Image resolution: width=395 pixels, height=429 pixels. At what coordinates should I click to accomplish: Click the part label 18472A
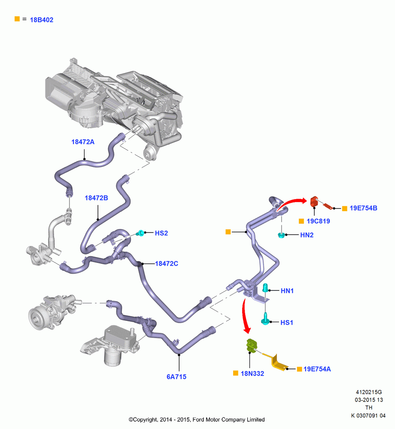click(x=83, y=142)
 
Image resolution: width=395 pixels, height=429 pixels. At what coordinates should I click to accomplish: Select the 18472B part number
click(x=96, y=198)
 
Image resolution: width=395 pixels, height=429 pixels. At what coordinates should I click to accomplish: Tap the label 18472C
click(x=167, y=263)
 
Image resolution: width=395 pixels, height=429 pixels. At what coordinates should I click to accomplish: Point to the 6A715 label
click(x=176, y=377)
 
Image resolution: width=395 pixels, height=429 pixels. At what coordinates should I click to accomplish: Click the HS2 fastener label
click(x=161, y=233)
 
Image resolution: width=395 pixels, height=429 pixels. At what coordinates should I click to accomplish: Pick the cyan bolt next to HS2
click(x=140, y=233)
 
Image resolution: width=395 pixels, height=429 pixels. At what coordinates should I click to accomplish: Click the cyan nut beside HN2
click(x=281, y=235)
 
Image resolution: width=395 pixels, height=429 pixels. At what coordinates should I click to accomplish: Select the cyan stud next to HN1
click(x=265, y=288)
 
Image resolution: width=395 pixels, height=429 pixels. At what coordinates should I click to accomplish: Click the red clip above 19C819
click(x=314, y=202)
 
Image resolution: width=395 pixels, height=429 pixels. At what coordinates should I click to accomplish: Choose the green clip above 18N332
click(x=252, y=346)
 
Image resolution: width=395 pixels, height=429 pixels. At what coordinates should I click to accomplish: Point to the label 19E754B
click(x=363, y=208)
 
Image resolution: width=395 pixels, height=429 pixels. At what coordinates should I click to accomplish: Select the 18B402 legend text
click(x=41, y=20)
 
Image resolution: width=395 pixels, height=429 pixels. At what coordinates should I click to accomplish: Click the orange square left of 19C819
click(x=301, y=221)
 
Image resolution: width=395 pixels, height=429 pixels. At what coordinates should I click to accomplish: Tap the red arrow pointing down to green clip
click(x=244, y=317)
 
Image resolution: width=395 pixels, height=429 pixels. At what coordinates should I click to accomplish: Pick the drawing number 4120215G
click(x=368, y=392)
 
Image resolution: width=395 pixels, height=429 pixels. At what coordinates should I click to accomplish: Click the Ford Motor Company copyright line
click(x=197, y=420)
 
